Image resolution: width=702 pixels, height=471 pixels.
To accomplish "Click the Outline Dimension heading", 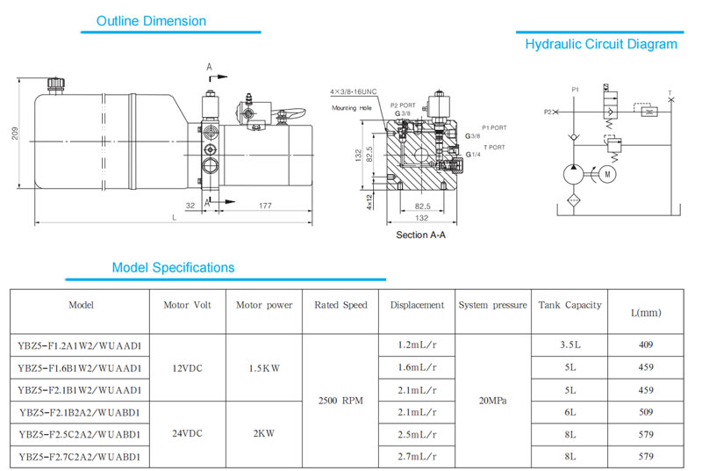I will (151, 21).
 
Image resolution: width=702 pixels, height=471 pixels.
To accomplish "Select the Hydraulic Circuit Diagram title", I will (601, 44).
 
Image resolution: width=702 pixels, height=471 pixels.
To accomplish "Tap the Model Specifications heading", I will (173, 267).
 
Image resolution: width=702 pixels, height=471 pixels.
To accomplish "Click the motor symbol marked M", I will (605, 174).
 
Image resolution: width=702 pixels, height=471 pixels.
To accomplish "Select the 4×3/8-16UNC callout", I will (353, 91).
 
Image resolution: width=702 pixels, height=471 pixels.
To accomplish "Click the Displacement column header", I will (418, 306).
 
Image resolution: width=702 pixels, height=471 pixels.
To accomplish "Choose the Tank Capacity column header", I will (570, 306).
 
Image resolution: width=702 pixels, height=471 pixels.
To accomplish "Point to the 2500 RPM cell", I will (340, 401).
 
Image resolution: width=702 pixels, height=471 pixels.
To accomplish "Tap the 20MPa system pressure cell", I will (491, 401).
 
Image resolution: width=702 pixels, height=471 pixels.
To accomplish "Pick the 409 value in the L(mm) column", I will (647, 345).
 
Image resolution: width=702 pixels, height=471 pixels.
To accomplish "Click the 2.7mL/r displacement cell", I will (417, 457).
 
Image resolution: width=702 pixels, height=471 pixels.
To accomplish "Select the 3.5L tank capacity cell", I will (570, 345).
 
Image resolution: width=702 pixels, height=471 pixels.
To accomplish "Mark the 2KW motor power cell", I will (263, 434).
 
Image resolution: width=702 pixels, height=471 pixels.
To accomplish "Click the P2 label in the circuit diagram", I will (548, 112).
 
